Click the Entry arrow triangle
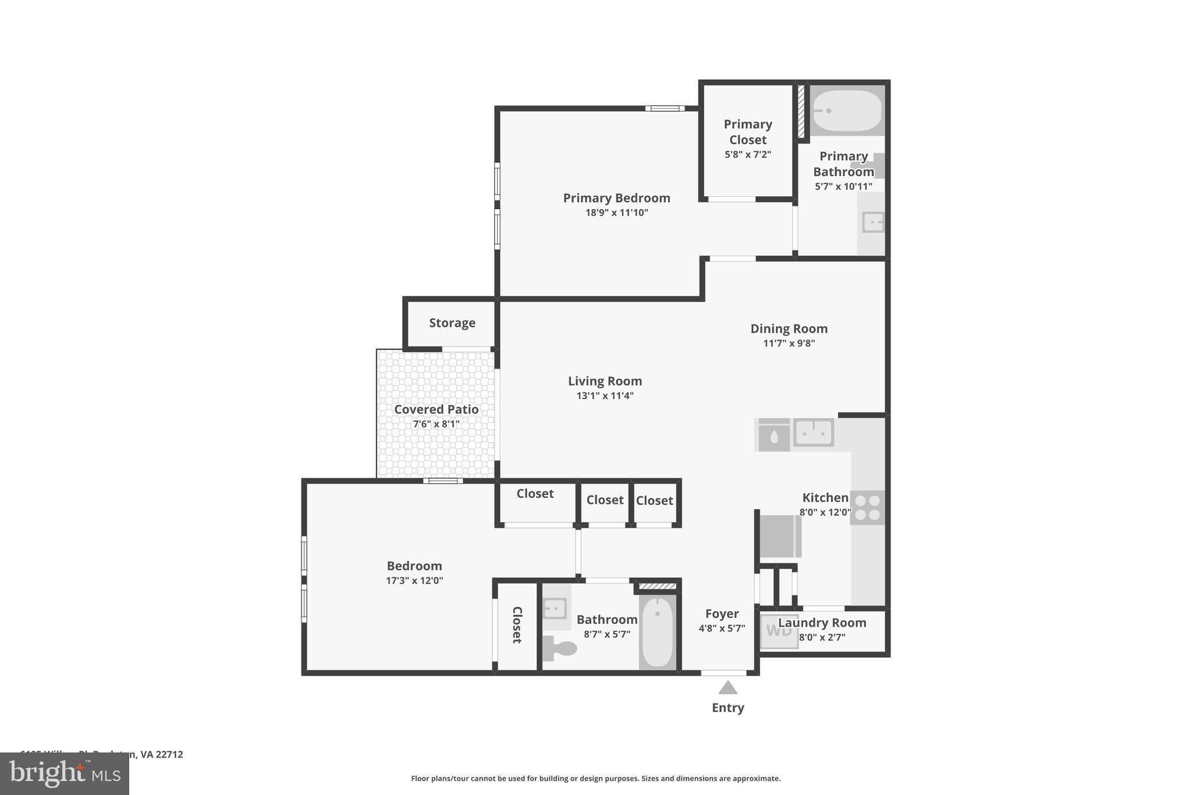click(728, 688)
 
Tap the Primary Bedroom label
click(616, 198)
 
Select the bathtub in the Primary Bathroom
click(847, 111)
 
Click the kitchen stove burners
click(867, 507)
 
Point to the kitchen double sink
click(814, 433)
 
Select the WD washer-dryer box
click(779, 631)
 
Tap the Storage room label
click(452, 323)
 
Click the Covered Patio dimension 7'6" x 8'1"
click(436, 424)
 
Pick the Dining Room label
click(789, 328)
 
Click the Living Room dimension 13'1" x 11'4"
click(605, 396)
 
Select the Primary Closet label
click(748, 132)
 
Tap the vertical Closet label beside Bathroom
click(517, 625)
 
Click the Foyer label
click(722, 614)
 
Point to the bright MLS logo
click(65, 773)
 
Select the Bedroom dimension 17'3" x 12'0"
click(414, 581)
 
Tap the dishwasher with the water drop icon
click(774, 436)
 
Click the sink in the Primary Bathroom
click(872, 222)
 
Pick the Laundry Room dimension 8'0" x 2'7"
click(822, 638)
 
